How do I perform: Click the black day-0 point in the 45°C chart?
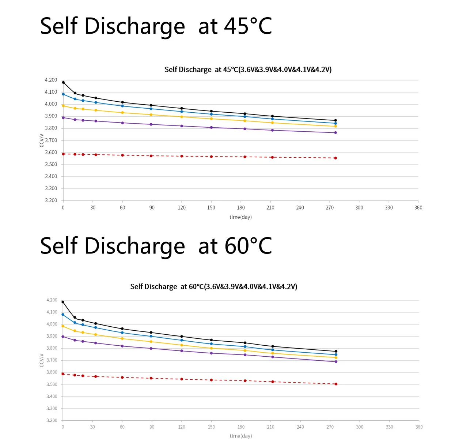click(x=63, y=82)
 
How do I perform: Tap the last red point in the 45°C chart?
click(x=335, y=158)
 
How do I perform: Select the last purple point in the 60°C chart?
click(x=336, y=362)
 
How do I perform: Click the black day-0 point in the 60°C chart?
click(x=63, y=302)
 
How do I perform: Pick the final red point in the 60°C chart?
click(x=336, y=384)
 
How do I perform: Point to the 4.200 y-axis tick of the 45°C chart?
click(x=51, y=80)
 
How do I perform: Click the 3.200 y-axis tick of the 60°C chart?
click(x=52, y=420)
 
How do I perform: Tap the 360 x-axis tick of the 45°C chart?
click(x=418, y=208)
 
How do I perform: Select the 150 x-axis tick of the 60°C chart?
click(x=211, y=427)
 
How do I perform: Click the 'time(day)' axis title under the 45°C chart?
click(x=240, y=217)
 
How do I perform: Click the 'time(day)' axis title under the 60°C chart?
click(x=241, y=436)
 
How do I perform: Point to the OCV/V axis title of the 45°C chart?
click(x=42, y=140)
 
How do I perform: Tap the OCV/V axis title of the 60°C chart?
click(x=42, y=360)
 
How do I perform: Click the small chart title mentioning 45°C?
click(x=248, y=70)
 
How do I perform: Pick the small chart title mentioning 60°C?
click(x=214, y=286)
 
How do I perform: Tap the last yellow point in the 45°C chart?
click(x=335, y=126)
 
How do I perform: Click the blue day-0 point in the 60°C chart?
click(x=63, y=315)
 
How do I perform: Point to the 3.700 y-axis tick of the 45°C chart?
click(x=51, y=140)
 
